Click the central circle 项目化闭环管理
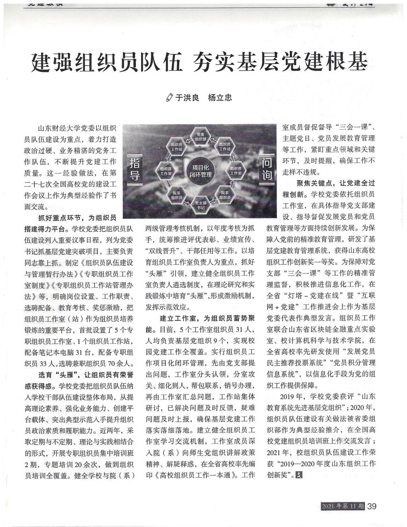tap(201, 171)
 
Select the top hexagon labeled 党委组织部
tap(201, 137)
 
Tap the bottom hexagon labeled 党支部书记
tap(201, 205)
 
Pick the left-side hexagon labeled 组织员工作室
tap(166, 171)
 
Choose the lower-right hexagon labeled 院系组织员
tap(225, 195)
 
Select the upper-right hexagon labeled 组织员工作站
tap(225, 147)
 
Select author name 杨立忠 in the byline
tap(220, 98)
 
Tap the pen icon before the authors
tap(169, 98)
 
